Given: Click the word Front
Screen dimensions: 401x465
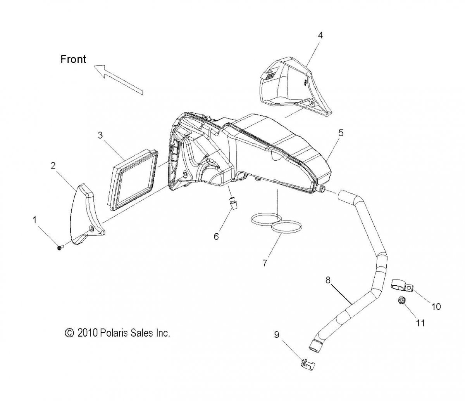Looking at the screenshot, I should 73,59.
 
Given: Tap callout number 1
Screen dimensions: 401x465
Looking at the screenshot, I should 35,220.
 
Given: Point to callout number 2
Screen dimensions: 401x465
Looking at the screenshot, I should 53,166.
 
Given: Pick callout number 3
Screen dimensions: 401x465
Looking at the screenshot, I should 100,135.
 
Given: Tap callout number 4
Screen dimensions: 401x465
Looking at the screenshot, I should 320,35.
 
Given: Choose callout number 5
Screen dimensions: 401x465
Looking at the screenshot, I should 341,133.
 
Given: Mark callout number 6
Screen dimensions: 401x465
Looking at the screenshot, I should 216,236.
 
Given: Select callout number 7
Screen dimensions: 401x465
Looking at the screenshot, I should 265,263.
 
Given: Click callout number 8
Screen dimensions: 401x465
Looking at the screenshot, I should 328,279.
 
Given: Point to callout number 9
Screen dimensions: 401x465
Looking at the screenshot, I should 277,335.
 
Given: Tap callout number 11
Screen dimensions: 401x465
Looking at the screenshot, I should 420,323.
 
